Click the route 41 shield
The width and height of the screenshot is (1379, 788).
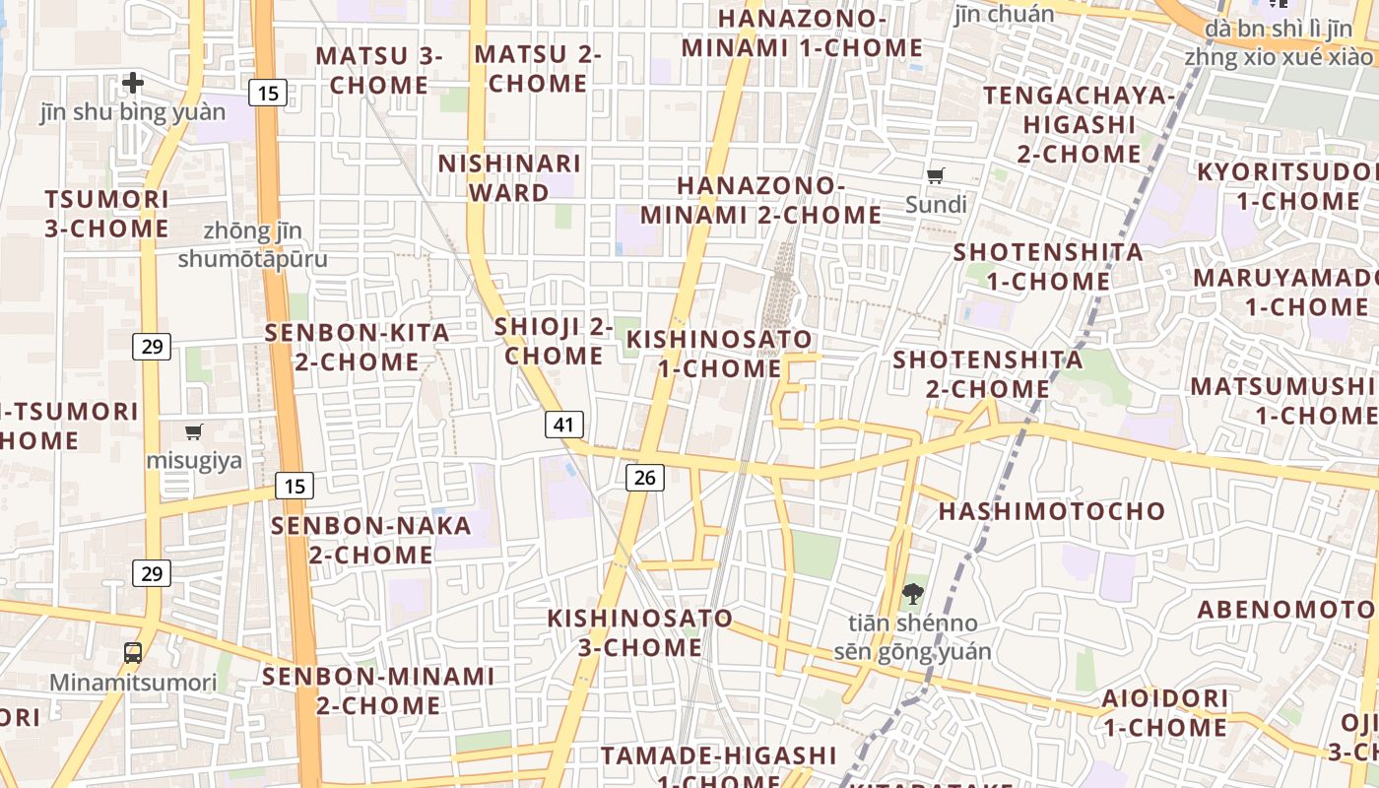tap(564, 425)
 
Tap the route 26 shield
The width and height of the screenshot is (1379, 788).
tap(645, 478)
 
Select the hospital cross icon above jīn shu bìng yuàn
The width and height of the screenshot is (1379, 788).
tap(133, 83)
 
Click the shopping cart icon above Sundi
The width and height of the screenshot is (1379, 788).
tap(936, 176)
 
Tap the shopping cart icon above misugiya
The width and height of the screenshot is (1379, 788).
tap(194, 431)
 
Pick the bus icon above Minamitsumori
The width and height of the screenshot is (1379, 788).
tap(133, 652)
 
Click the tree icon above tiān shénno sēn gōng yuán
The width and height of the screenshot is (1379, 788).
tap(913, 594)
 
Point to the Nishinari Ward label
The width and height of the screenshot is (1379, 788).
tap(509, 177)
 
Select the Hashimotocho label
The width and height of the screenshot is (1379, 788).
tap(1051, 511)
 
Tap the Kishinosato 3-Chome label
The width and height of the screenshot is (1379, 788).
tap(640, 632)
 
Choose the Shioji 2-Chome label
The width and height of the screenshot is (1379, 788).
tap(554, 341)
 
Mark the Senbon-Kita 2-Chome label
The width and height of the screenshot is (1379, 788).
tap(357, 347)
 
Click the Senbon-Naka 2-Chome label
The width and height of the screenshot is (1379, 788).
tap(371, 540)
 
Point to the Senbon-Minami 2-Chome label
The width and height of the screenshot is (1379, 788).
tap(378, 690)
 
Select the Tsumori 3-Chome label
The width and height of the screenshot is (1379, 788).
tap(106, 214)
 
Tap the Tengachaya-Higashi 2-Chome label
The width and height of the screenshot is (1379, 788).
tap(1080, 125)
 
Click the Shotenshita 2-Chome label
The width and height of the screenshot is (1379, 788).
tap(988, 374)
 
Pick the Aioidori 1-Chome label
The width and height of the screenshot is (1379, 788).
tap(1165, 713)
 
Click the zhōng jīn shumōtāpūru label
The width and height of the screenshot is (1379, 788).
tap(253, 245)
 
